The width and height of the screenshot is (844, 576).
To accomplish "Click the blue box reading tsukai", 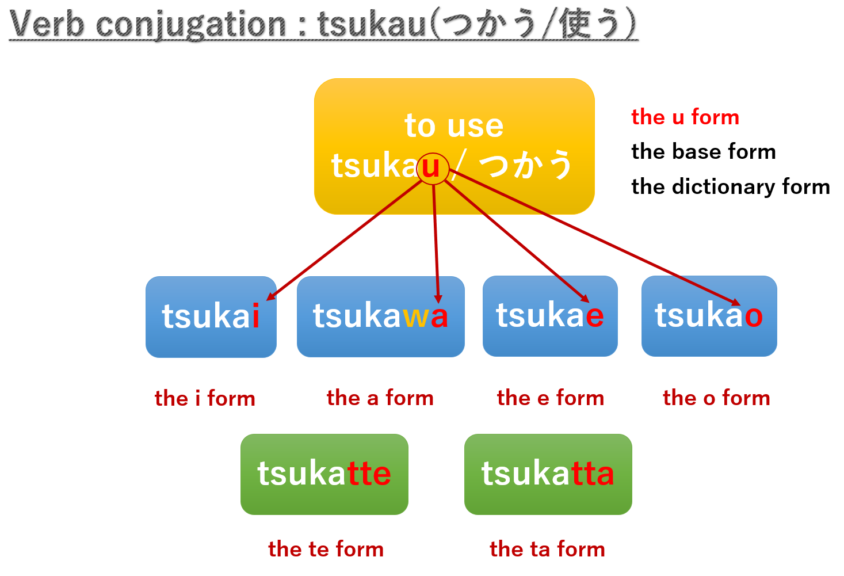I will pos(211,316).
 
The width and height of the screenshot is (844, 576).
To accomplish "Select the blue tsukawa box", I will pos(380,316).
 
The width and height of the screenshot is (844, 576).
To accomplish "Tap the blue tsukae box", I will pos(550,316).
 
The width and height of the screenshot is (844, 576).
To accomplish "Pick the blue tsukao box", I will pos(709,316).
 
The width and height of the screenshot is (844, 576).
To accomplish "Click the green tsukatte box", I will pos(324,474).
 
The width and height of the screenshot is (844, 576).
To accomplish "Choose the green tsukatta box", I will pos(548,474).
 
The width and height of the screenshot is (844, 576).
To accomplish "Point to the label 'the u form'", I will pos(685,117).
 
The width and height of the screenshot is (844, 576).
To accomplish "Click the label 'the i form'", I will pos(205,398).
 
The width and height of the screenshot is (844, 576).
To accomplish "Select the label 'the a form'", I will pos(380,398).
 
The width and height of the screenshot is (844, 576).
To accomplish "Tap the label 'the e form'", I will pos(551,398).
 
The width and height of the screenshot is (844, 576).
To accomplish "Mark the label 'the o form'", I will pos(716,398).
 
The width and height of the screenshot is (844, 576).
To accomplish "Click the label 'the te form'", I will pos(326,549).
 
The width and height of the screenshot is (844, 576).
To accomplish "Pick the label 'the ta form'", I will pos(547,549).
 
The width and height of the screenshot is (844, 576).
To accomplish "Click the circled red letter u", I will pos(431,167).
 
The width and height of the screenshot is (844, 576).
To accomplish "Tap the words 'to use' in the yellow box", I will pos(454,125).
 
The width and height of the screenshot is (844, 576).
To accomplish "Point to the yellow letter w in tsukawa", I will pos(414,317).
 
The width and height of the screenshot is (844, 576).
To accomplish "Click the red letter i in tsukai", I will pos(255,316).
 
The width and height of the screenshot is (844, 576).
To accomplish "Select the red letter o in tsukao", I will pos(753,316).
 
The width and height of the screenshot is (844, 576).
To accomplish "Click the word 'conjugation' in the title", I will pos(190,25).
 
